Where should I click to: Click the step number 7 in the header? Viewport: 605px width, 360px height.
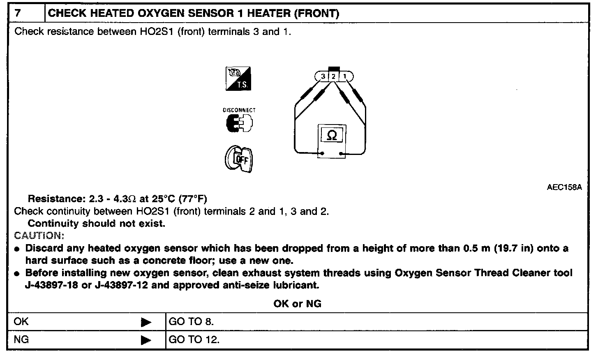(18, 13)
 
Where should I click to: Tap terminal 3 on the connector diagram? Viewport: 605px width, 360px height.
(323, 76)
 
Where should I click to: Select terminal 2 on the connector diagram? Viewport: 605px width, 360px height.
(334, 76)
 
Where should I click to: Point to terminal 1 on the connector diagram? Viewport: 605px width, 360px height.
(345, 76)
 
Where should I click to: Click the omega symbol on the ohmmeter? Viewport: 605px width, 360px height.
(332, 136)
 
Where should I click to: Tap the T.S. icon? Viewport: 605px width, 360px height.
(238, 79)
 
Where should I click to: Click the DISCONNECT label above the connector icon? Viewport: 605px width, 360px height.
(239, 110)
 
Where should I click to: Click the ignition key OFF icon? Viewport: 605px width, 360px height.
(239, 159)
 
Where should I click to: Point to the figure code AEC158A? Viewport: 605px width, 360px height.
(564, 187)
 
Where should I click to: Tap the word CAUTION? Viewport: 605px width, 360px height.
(39, 236)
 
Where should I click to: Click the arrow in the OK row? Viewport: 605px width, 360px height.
(146, 322)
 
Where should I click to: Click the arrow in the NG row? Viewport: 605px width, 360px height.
(146, 340)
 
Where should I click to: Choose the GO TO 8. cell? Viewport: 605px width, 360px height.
(191, 322)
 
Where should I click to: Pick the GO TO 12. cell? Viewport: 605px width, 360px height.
(194, 340)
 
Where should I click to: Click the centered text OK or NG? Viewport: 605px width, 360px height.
(297, 304)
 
